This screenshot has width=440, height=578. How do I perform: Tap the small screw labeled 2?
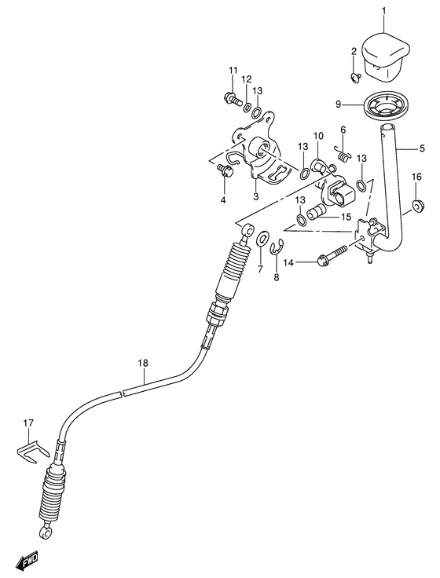point(354,76)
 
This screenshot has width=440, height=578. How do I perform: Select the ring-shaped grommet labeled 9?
point(387,105)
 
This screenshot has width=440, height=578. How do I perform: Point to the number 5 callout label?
point(421,148)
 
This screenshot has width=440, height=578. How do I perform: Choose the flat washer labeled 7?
point(261,237)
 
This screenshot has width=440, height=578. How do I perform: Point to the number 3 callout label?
point(256,196)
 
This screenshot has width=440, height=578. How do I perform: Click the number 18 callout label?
point(142,363)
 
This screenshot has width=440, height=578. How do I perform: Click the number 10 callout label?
point(318,136)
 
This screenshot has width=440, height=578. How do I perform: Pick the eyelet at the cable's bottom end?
point(48,534)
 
